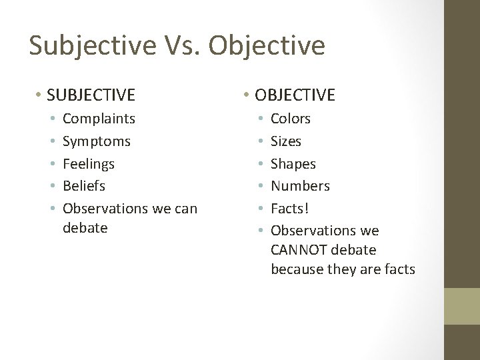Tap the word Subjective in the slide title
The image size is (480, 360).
[x=91, y=45]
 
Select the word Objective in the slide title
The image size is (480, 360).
[x=267, y=45]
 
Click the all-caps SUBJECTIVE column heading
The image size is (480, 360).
[x=91, y=95]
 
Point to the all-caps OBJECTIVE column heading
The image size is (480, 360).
[x=296, y=95]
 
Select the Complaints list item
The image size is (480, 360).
[x=99, y=119]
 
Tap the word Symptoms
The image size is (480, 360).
[x=96, y=141]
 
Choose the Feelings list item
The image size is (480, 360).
[x=88, y=163]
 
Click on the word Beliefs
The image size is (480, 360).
[x=83, y=185]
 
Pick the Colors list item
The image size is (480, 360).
[x=290, y=119]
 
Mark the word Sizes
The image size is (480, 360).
[x=285, y=141]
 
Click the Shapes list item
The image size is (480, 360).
[x=293, y=163]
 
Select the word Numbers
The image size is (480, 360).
[x=300, y=185]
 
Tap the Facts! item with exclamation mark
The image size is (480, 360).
[x=289, y=208]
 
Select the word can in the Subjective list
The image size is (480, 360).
[x=185, y=209]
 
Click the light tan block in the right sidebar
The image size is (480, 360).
[x=461, y=306]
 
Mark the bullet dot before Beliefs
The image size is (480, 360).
[x=51, y=185]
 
